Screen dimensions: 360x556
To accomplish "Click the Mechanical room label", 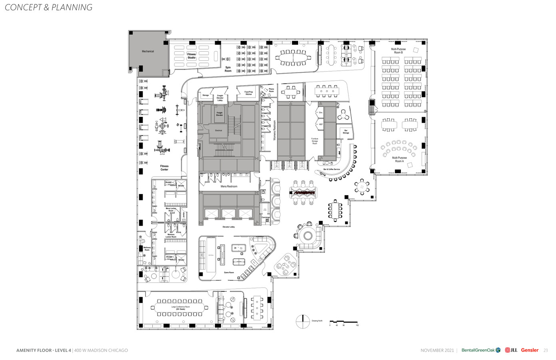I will [147, 51].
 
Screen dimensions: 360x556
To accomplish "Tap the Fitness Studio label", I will [191, 56].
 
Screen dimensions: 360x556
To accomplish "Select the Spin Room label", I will [228, 69].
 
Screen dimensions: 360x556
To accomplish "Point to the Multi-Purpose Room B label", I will [398, 51].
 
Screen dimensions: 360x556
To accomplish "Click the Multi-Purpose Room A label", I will [399, 159].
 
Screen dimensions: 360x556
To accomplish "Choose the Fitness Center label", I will [164, 168].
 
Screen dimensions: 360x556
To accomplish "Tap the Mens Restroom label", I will [229, 186].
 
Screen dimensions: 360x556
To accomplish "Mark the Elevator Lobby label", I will [229, 227].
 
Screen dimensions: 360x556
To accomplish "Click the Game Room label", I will [229, 272].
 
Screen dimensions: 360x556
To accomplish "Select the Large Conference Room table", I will [180, 308].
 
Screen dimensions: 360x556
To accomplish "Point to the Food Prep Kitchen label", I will [249, 93].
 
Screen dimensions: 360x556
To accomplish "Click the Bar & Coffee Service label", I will [331, 170].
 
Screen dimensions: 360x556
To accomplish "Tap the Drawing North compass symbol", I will [303, 322].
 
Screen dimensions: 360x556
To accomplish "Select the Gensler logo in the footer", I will [530, 350].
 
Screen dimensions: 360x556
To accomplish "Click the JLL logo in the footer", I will [511, 350].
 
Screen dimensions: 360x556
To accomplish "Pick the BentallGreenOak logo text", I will [478, 350].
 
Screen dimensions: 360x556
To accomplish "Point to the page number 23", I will [546, 350].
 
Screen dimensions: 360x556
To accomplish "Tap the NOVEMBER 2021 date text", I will [437, 350].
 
